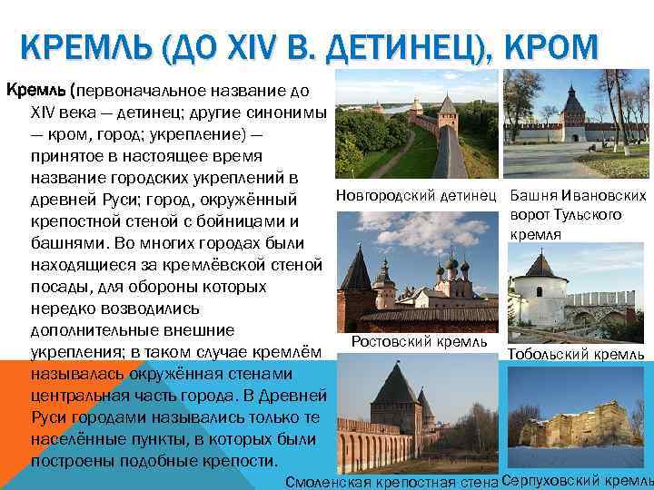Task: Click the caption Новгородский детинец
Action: coord(417,195)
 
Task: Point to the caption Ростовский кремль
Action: coord(419,342)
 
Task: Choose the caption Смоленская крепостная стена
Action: coord(391,481)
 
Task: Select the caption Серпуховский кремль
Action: coord(577,479)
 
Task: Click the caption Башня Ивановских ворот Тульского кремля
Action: coord(579,215)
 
